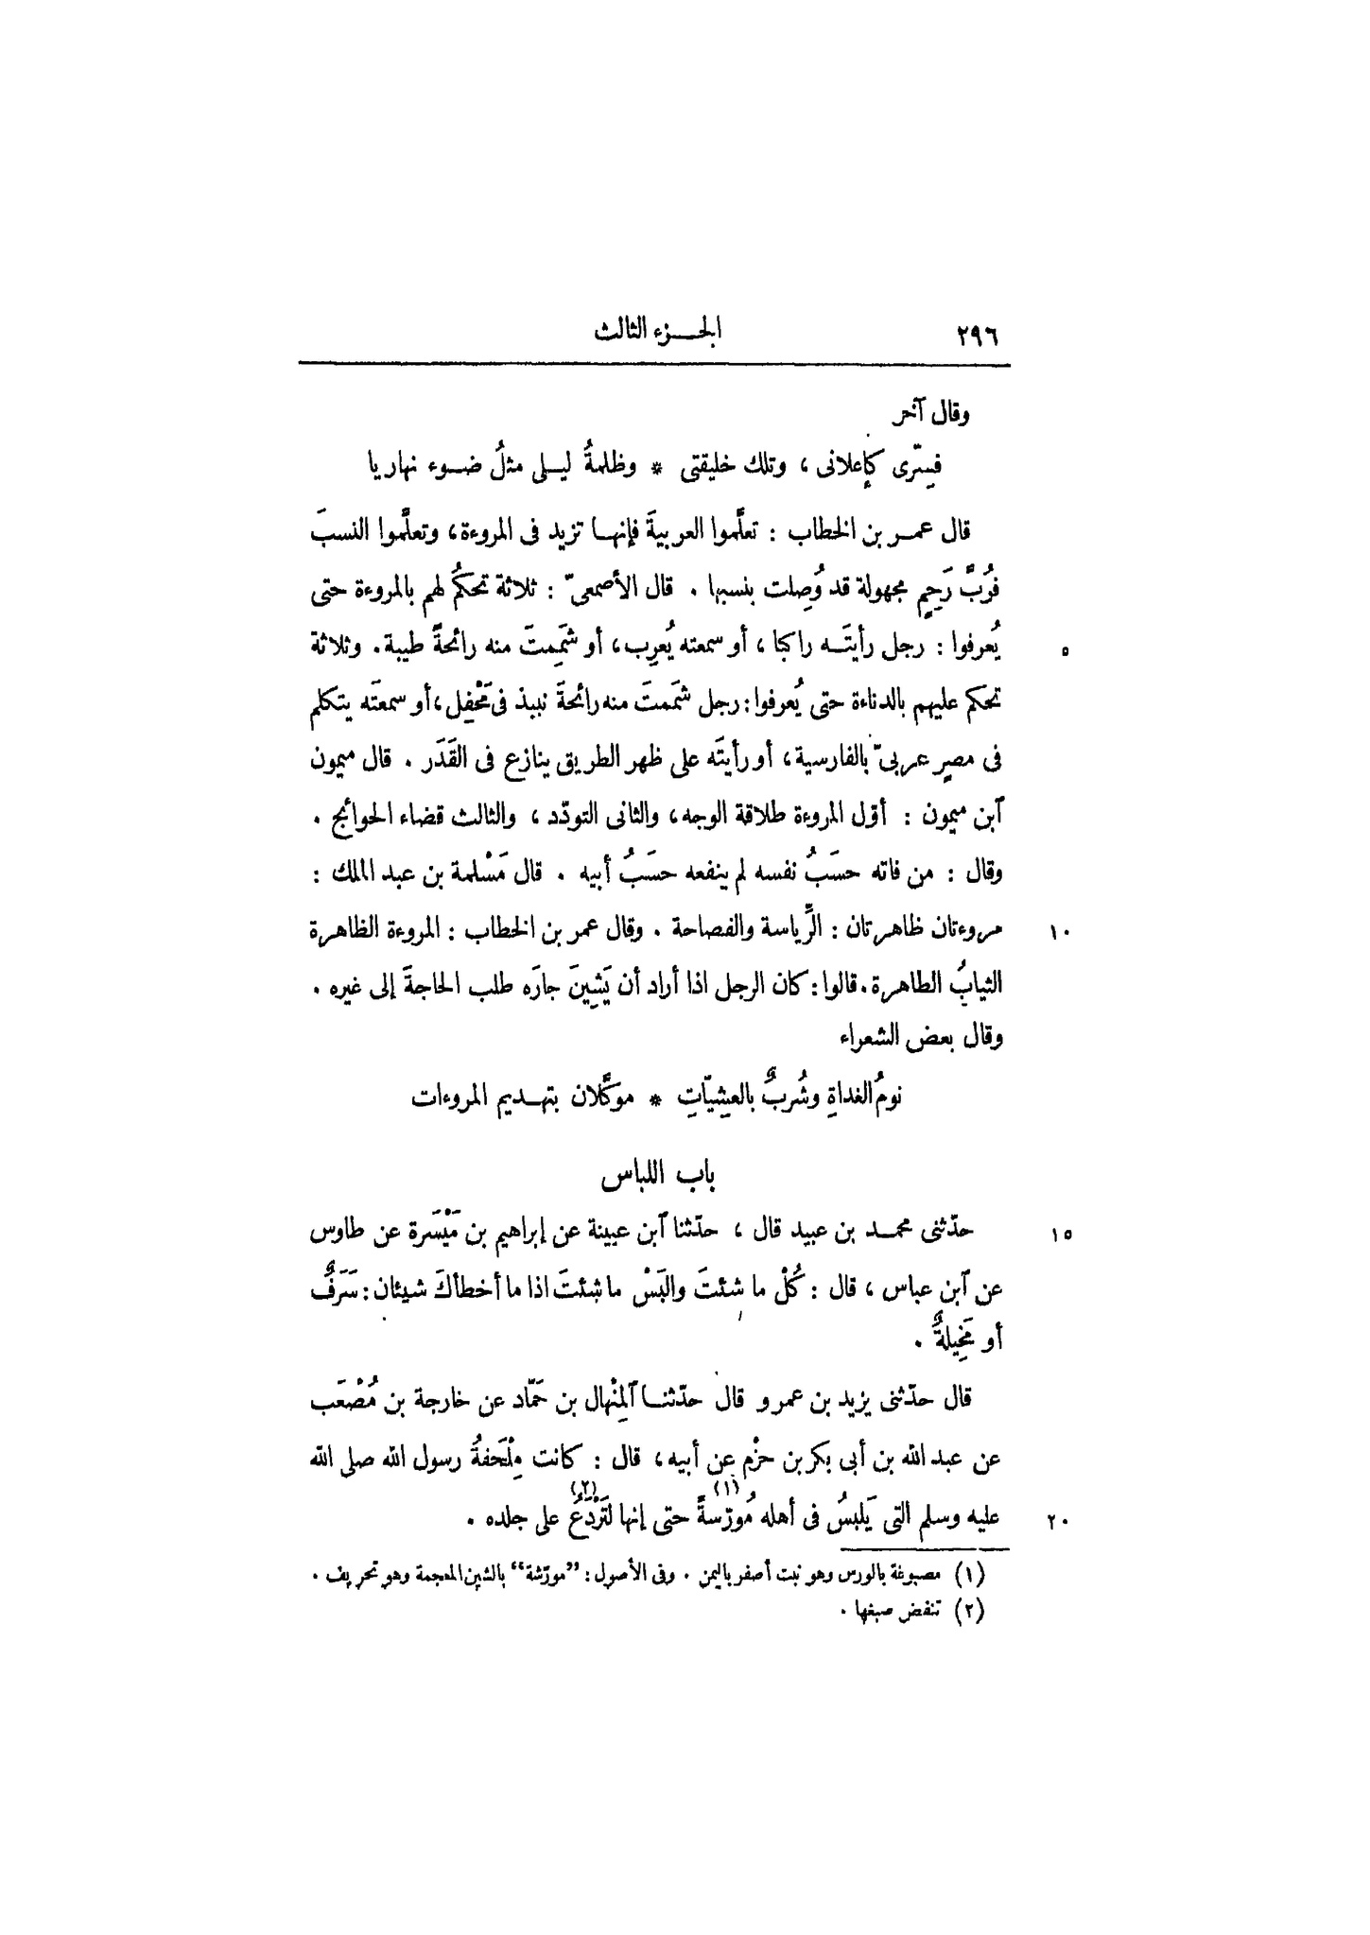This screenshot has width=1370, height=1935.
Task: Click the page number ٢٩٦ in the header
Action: (x=971, y=337)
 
